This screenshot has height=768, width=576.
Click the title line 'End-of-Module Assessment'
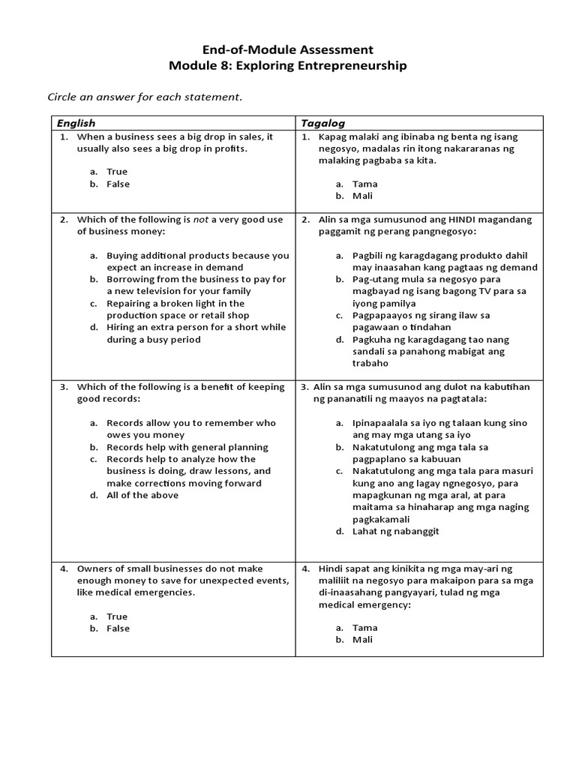click(x=288, y=50)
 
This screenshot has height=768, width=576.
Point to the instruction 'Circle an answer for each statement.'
click(x=145, y=97)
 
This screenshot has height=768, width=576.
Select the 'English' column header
click(x=76, y=123)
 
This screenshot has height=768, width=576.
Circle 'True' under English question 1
click(x=117, y=172)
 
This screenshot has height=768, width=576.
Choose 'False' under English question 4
click(x=118, y=628)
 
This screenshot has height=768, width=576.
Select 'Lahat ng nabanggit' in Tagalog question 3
click(x=395, y=531)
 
